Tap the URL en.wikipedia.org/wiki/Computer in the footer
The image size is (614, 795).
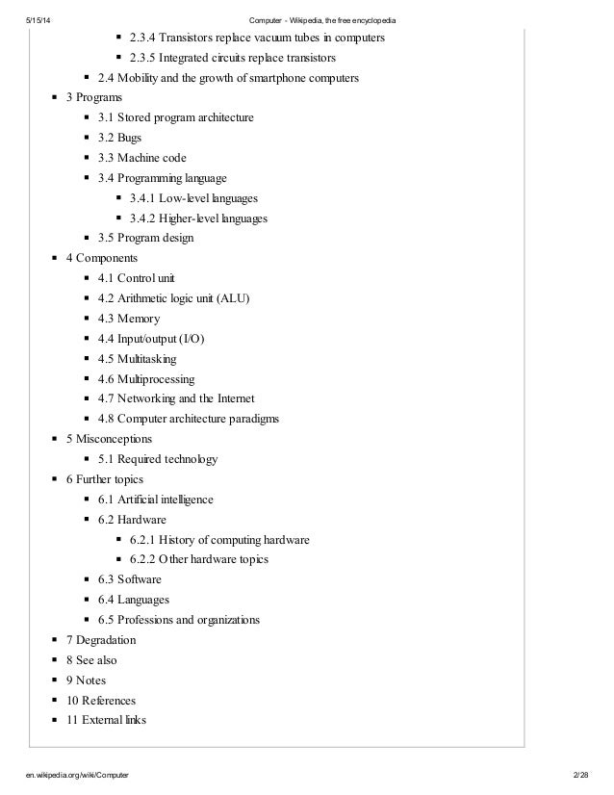77,774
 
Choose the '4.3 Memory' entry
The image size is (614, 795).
128,319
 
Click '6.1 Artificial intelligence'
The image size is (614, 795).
155,500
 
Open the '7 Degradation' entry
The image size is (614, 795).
101,640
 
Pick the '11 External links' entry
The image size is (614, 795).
106,720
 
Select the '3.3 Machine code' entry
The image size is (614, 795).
141,158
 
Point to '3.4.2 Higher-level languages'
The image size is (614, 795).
197,218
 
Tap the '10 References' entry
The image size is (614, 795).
101,700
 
